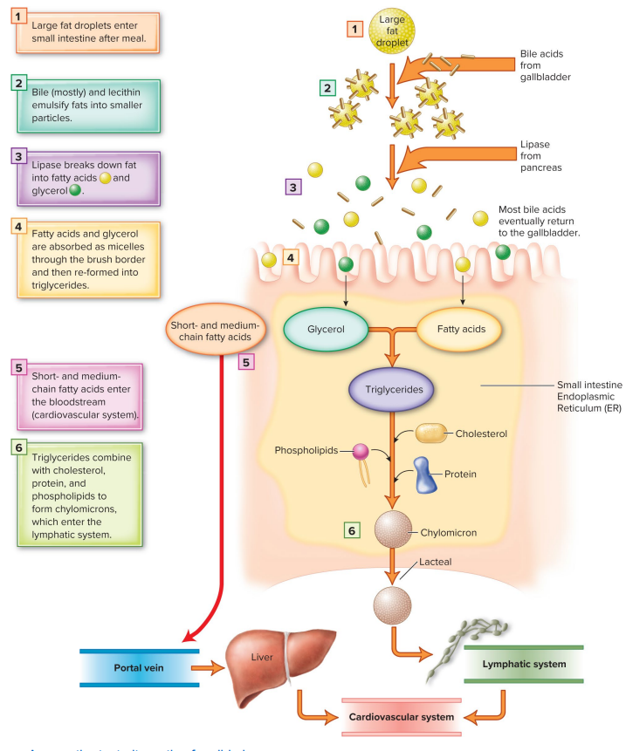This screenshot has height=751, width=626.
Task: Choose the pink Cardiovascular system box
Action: (x=401, y=717)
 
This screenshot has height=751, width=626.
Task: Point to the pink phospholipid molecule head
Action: (x=361, y=452)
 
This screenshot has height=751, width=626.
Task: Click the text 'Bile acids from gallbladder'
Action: (x=546, y=66)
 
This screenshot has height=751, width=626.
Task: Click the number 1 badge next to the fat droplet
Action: (x=354, y=29)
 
